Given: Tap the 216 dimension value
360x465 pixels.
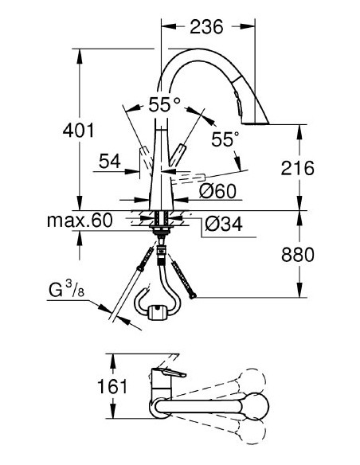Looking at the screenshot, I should (299, 168).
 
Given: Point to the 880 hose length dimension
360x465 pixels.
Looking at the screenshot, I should (299, 255).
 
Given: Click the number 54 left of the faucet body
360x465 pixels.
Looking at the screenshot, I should (110, 162).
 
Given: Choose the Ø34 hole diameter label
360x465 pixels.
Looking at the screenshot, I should (223, 225).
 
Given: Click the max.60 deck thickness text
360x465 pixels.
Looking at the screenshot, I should (79, 219).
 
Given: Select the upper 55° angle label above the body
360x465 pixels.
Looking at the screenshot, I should (165, 104).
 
